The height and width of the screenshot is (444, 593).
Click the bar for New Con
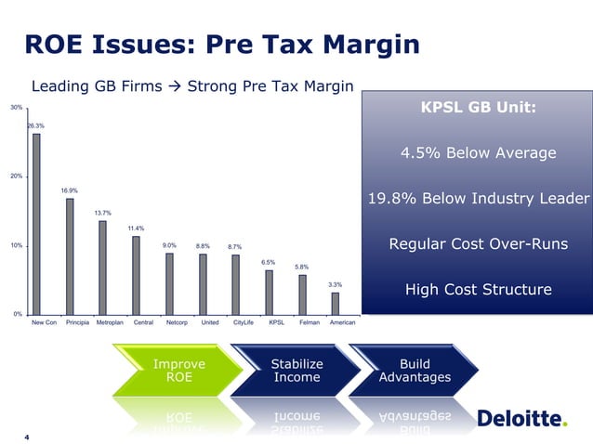[36, 223]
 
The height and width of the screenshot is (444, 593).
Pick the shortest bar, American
[335, 303]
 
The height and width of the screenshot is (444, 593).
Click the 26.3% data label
[34, 125]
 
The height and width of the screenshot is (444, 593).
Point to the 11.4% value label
[136, 228]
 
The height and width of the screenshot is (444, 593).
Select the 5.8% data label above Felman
[302, 267]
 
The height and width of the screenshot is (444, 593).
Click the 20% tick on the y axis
[17, 176]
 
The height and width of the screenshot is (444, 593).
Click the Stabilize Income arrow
[296, 370]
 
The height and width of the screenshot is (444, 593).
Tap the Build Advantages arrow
[414, 370]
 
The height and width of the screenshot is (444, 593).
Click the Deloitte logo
[521, 420]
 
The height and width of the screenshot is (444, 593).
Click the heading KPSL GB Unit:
[479, 109]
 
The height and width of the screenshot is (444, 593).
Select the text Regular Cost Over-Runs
[478, 245]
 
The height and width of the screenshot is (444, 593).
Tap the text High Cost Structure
[478, 291]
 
